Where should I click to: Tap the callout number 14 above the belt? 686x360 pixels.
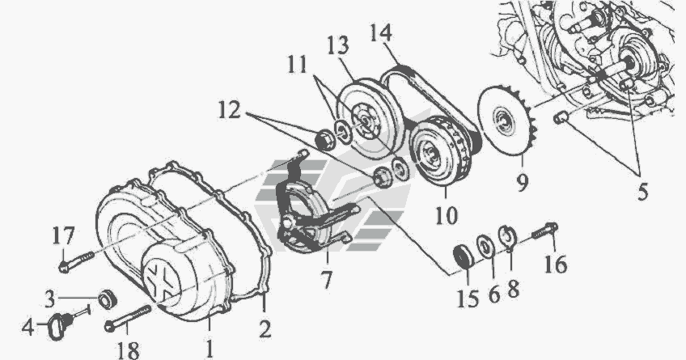[x=380, y=34]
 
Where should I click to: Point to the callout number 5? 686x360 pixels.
[x=642, y=191]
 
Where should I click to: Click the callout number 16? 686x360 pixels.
[x=556, y=265]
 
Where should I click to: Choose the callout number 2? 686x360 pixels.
[x=265, y=329]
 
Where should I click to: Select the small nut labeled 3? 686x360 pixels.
[x=107, y=299]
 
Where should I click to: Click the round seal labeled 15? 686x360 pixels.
[x=464, y=256]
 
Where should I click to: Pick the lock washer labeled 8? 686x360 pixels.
[x=508, y=238]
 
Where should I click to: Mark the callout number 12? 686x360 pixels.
[x=230, y=110]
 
